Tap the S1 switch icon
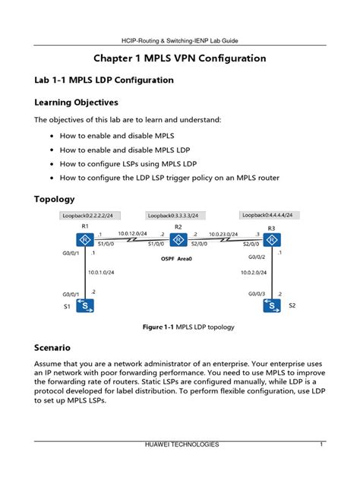click(86, 306)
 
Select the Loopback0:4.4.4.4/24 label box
click(267, 215)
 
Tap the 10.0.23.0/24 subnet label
click(223, 234)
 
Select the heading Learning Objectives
click(76, 102)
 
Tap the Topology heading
click(55, 199)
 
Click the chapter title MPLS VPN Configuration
click(179, 58)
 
